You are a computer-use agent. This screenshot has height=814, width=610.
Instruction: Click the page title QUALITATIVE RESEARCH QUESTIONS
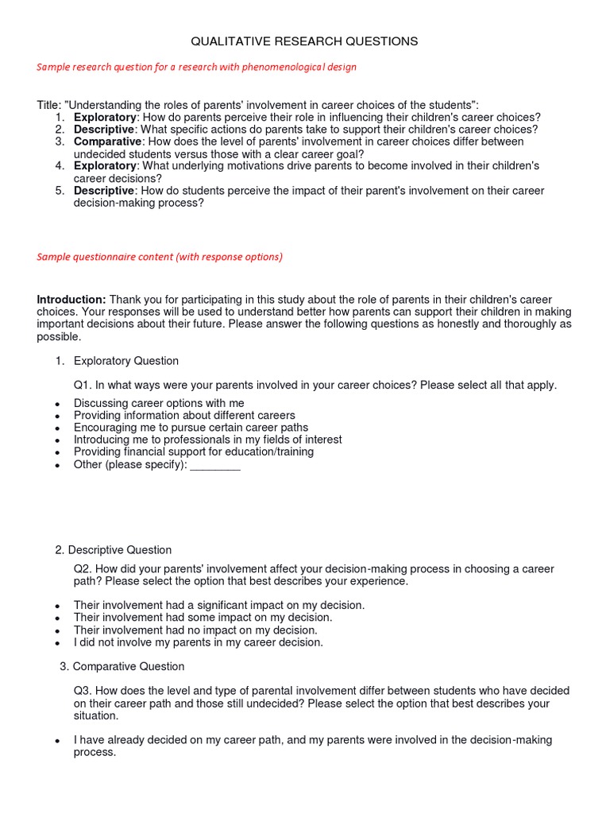click(x=305, y=41)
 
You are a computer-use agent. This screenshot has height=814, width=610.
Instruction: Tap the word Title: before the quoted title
click(x=48, y=106)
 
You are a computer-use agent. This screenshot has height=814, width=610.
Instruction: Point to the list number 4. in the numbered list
click(x=60, y=166)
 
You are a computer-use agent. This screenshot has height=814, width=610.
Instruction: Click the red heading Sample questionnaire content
click(x=159, y=257)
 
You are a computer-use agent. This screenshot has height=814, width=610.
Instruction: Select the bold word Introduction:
click(x=71, y=300)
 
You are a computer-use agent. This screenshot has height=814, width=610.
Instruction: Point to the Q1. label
click(x=83, y=386)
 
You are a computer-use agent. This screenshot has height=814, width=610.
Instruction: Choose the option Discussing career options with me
click(x=159, y=404)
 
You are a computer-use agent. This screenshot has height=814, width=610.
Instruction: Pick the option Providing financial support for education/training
click(x=193, y=452)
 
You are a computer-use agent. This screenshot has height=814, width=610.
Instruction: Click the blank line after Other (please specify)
click(x=215, y=465)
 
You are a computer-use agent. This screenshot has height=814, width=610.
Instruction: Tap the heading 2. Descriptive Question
click(x=114, y=550)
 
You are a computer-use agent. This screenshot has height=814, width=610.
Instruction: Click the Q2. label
click(x=83, y=569)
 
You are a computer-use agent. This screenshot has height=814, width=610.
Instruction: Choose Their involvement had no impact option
click(x=195, y=630)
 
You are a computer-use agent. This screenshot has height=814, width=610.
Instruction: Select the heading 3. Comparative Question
click(x=122, y=667)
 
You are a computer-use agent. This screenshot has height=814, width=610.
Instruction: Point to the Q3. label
click(x=83, y=692)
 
